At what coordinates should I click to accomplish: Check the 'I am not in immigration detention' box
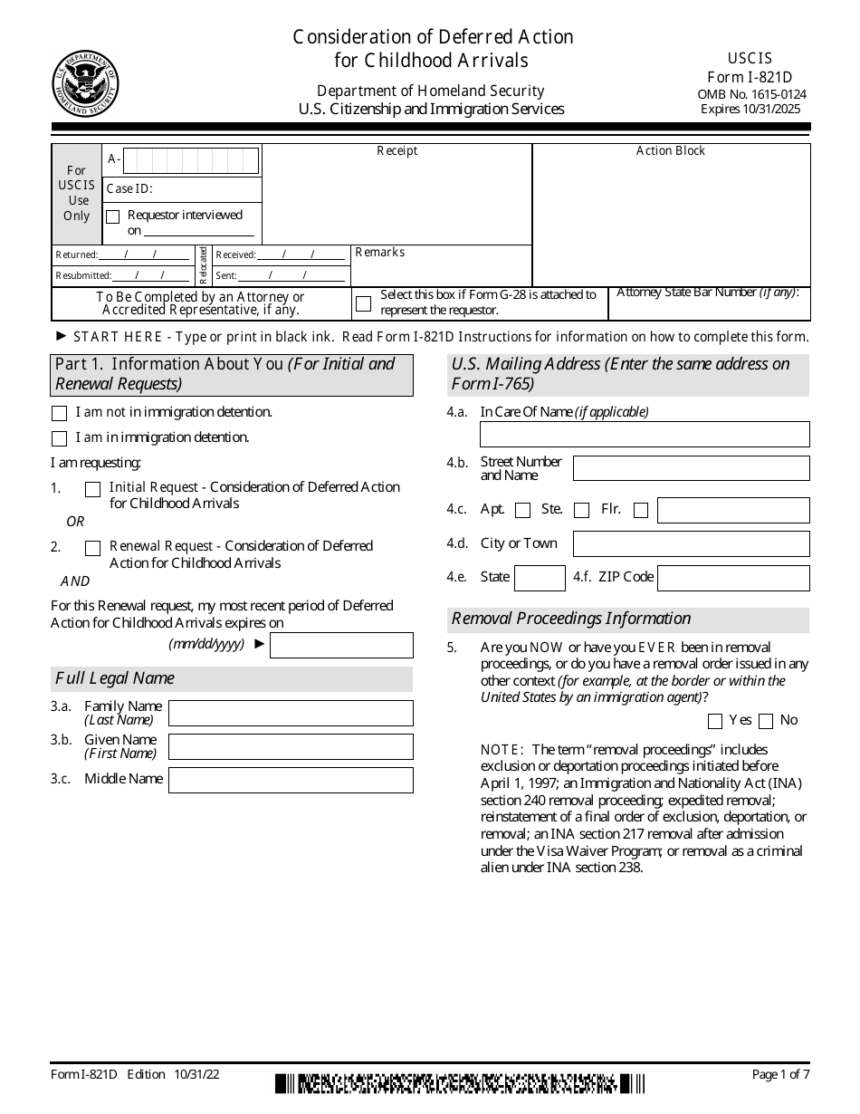(60, 413)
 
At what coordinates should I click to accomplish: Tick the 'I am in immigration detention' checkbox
(60, 438)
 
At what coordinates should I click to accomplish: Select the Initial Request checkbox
(92, 489)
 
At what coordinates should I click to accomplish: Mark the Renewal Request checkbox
(92, 548)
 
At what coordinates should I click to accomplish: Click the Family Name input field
(291, 713)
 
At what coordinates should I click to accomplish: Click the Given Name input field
(291, 746)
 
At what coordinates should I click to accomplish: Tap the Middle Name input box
(291, 780)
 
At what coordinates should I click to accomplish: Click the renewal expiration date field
(341, 645)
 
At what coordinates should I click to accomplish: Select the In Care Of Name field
(645, 434)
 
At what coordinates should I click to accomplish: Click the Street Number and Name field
(691, 468)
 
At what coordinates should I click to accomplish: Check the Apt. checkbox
(522, 510)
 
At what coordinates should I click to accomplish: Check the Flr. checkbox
(641, 510)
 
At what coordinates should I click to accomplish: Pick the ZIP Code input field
(733, 578)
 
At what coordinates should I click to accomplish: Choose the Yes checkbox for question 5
(715, 721)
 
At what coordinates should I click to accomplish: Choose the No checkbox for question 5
(766, 721)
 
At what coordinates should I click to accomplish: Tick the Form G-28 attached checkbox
(363, 303)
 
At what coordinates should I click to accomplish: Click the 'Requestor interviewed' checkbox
(113, 216)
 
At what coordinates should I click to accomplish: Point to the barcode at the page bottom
(460, 1082)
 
